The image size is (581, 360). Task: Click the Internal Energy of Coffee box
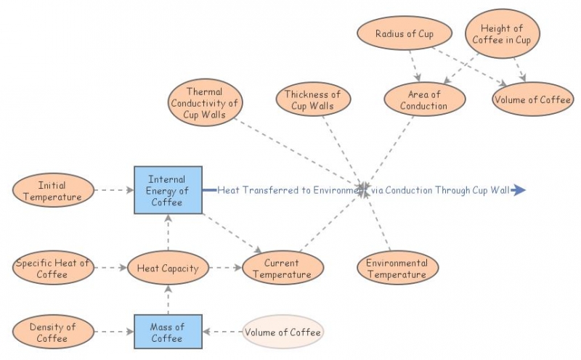[x=168, y=190]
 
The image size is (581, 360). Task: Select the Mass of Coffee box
[x=168, y=332]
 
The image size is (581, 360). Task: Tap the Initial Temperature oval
[x=52, y=191]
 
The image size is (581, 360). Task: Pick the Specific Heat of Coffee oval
[x=52, y=269]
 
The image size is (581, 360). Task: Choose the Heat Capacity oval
[x=168, y=269]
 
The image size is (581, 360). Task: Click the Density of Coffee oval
[x=52, y=332]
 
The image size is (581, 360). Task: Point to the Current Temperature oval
[x=282, y=269]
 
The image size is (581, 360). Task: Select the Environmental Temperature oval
[x=397, y=269]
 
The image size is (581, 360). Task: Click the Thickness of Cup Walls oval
[x=312, y=100]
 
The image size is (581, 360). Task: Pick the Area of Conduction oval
[x=423, y=100]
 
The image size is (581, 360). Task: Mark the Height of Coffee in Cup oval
[x=502, y=34]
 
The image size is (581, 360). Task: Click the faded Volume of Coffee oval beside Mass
[x=283, y=332]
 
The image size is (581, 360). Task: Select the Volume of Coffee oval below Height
[x=532, y=100]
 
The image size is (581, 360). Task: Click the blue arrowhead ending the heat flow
[x=518, y=190]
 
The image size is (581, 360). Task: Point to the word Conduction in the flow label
[x=407, y=190]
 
